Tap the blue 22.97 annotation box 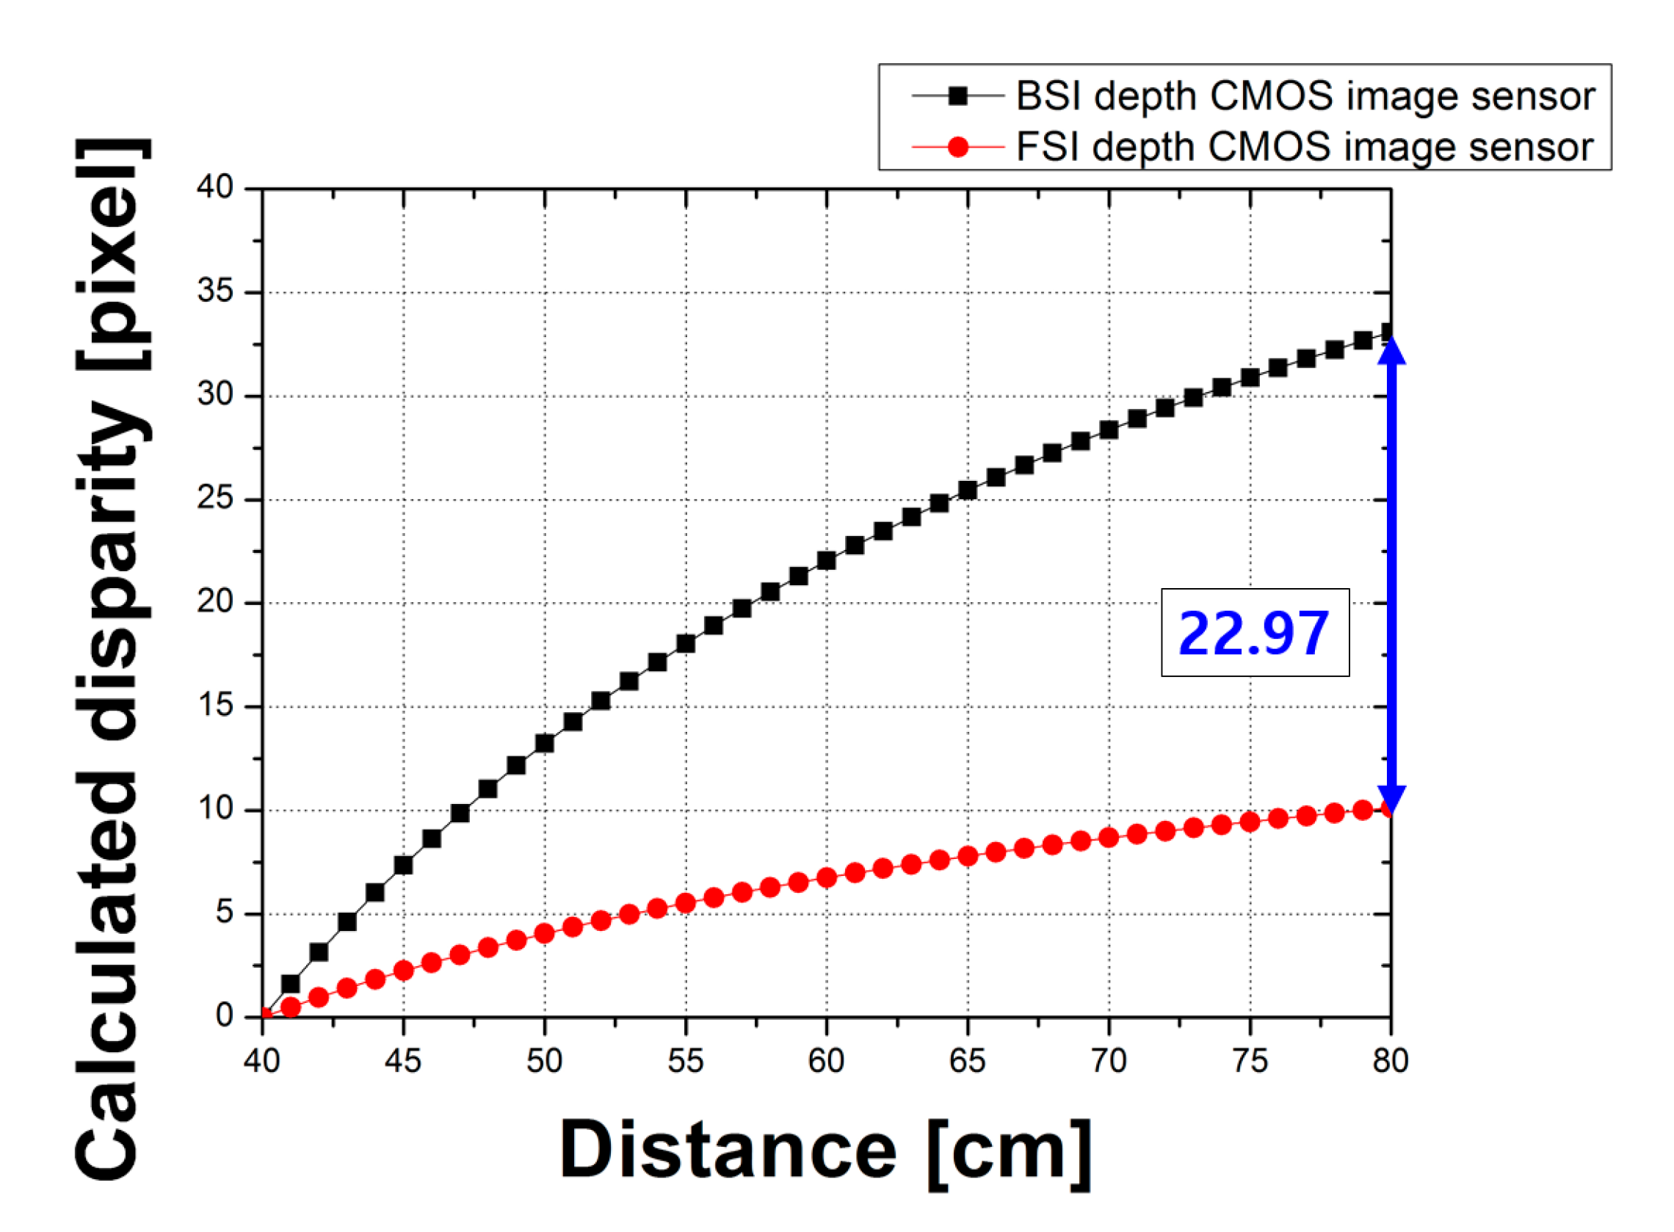click(x=1254, y=632)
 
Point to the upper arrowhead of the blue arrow click(x=1391, y=350)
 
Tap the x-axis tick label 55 click(x=684, y=1060)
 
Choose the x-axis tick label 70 click(x=1108, y=1060)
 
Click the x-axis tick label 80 click(x=1390, y=1060)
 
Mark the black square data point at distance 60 click(x=826, y=560)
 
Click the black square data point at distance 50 click(x=544, y=743)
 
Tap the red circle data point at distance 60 click(x=826, y=878)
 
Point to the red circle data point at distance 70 click(x=1108, y=838)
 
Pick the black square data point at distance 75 click(x=1250, y=377)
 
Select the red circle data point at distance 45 click(x=403, y=970)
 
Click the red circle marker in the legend click(x=957, y=147)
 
